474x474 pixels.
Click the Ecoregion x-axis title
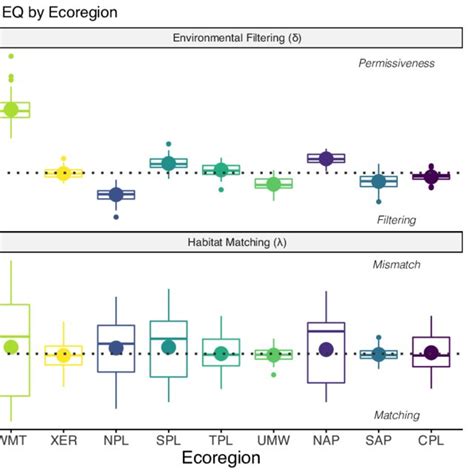coord(215,458)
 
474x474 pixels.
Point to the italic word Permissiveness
coord(397,63)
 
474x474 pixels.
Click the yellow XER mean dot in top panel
coord(63,173)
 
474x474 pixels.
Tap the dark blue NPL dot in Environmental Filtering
coord(116,195)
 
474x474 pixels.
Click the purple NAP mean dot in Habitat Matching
coord(326,348)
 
